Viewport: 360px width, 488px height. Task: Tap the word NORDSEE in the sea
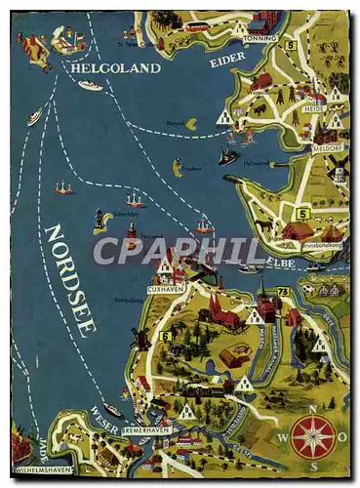tap(69, 278)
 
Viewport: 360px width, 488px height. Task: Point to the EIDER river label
tap(227, 61)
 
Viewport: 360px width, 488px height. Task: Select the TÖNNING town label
tap(261, 37)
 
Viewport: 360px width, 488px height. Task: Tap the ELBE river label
tap(287, 263)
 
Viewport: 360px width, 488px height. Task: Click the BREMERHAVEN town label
tap(147, 430)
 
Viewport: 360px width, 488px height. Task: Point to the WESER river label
tap(103, 417)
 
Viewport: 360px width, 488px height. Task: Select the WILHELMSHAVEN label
tap(44, 469)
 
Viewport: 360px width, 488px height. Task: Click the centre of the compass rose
tap(313, 437)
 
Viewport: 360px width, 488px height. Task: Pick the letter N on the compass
tap(313, 410)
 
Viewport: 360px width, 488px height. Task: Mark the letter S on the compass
tap(314, 466)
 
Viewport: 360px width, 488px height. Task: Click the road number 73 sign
tap(283, 291)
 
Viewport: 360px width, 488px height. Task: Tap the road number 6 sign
tap(166, 336)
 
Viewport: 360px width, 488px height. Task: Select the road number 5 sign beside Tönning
tap(290, 45)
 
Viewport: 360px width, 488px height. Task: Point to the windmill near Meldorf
tap(340, 166)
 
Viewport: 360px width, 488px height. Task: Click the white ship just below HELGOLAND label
tap(90, 86)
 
